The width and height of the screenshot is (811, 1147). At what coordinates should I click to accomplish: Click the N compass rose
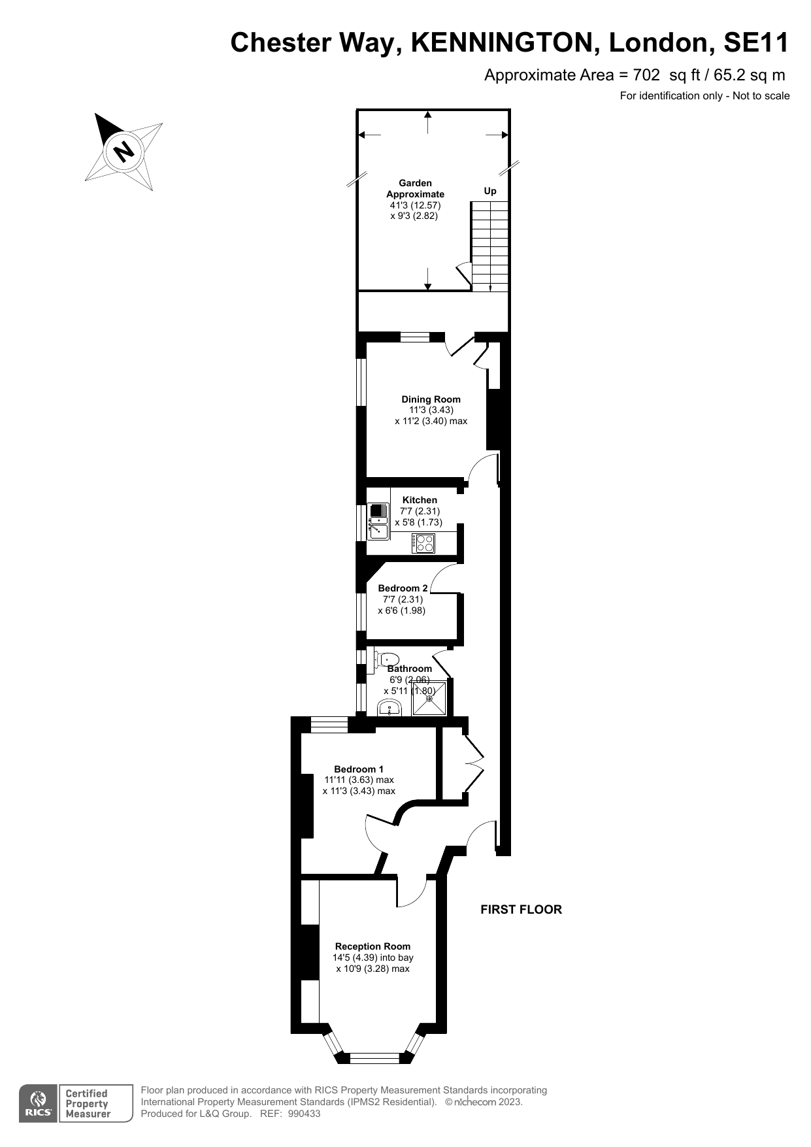[124, 152]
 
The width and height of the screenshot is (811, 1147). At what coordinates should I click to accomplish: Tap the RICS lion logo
[38, 1103]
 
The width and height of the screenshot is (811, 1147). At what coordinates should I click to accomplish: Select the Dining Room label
[431, 399]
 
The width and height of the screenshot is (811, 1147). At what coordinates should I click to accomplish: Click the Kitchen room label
[420, 500]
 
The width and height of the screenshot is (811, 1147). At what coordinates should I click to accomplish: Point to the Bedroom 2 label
[403, 588]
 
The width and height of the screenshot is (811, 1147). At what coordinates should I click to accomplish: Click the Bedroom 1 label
[359, 769]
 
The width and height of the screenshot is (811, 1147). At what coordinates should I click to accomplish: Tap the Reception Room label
[372, 946]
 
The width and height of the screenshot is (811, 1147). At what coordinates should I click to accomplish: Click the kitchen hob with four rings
[423, 543]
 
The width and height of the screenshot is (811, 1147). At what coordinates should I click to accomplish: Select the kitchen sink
[378, 521]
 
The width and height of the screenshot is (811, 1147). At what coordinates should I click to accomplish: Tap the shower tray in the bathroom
[429, 698]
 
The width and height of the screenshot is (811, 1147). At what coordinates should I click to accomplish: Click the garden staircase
[490, 246]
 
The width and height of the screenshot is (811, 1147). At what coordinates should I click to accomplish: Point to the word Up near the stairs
[490, 191]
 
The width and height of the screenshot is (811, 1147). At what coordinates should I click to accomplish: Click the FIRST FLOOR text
[521, 909]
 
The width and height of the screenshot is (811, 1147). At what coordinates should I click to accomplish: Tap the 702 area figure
[646, 75]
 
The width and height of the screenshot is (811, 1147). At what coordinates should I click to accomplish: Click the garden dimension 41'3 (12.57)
[415, 205]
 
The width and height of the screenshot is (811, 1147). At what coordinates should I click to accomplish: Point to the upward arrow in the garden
[428, 123]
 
